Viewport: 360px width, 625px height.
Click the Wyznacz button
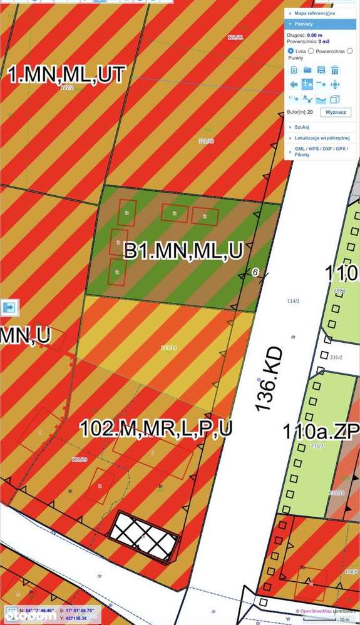click(337, 112)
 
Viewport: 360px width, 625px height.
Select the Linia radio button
click(291, 50)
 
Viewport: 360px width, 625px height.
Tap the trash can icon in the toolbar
click(335, 70)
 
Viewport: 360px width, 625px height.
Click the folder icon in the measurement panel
click(307, 70)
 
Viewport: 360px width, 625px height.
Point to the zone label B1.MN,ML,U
click(183, 252)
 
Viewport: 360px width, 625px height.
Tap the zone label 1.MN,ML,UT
click(66, 76)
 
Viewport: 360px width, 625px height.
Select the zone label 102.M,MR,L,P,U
click(156, 429)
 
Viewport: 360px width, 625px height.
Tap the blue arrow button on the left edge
click(10, 307)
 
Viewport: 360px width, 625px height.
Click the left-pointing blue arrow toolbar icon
click(294, 84)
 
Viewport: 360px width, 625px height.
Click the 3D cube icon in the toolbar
click(335, 99)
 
